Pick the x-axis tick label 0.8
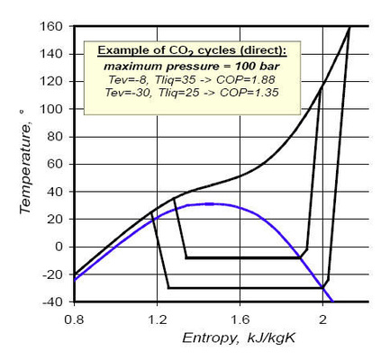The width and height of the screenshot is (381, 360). (74, 318)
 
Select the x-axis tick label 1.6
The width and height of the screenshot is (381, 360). (240, 318)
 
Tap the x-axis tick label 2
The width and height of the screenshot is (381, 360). (322, 318)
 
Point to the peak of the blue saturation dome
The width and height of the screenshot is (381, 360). (209, 203)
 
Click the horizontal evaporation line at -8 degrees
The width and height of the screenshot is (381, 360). (243, 258)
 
